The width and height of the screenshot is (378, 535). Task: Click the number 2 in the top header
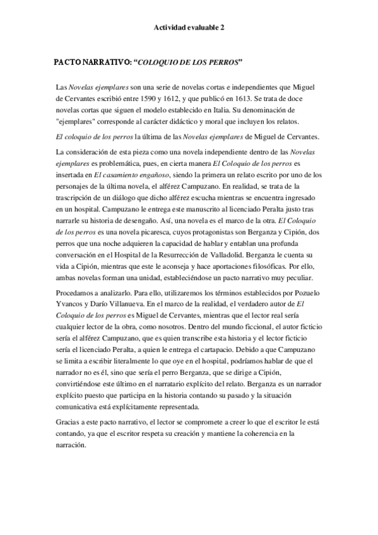pyautogui.click(x=221, y=28)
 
